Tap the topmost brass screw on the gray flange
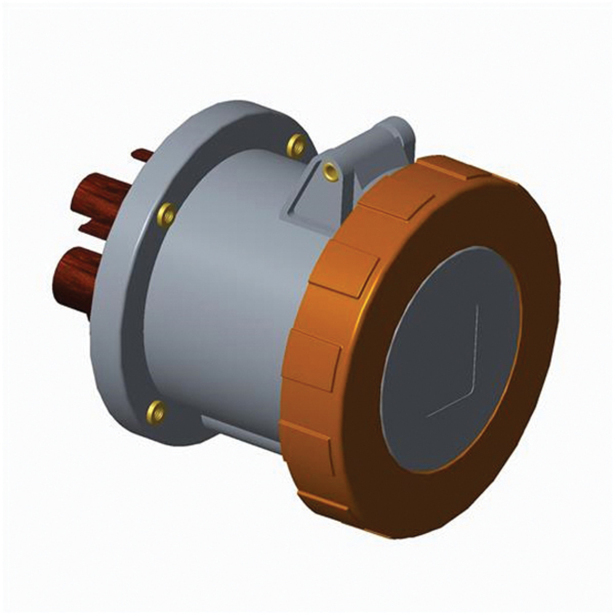point(296,146)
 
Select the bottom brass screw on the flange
point(156,412)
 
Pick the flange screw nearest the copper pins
point(166,214)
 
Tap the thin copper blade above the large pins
point(143,155)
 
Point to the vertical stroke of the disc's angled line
point(477,344)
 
